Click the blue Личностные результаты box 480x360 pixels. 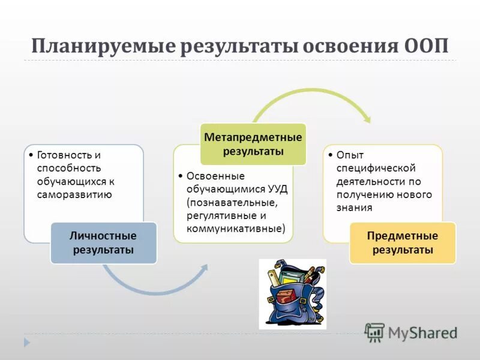pos(103,242)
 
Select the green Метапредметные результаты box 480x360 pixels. pos(253,144)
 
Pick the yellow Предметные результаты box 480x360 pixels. pos(402,242)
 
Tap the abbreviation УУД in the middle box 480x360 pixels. pos(277,189)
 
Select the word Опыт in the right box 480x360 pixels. pos(350,155)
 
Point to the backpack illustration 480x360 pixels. pos(292,294)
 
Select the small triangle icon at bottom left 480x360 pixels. pos(26,342)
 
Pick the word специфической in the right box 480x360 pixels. pos(376,168)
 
